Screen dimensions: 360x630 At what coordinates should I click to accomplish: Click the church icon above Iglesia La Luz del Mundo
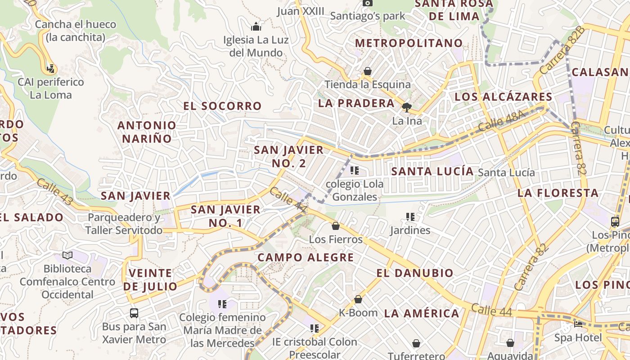[256, 27]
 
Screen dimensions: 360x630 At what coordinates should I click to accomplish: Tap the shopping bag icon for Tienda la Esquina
[368, 71]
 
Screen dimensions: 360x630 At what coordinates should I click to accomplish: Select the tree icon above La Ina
[407, 107]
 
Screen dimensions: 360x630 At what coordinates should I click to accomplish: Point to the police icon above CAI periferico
[51, 69]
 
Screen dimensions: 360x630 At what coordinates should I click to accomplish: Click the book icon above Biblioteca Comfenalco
[67, 255]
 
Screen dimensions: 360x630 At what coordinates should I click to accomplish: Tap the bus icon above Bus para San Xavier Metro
[134, 313]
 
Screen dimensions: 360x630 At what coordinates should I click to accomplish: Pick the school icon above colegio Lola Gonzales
[355, 171]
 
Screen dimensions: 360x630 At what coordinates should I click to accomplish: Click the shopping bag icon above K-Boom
[358, 299]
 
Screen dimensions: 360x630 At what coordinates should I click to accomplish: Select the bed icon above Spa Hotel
[578, 324]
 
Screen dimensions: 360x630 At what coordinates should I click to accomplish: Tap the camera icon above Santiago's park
[368, 3]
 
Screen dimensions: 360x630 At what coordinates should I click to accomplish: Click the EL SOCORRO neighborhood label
[222, 106]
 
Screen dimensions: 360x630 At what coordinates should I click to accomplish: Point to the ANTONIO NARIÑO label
[147, 132]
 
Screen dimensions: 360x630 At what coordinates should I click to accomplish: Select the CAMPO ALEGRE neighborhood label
[306, 257]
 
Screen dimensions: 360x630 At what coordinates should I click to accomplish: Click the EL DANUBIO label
[415, 273]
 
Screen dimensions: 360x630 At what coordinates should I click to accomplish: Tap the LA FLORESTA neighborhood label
[558, 193]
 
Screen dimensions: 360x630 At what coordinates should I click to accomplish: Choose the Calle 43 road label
[54, 192]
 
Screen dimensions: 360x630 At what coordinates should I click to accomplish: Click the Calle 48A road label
[501, 121]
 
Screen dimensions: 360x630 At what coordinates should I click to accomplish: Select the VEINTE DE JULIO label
[150, 279]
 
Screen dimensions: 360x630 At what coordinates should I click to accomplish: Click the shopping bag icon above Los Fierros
[336, 226]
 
